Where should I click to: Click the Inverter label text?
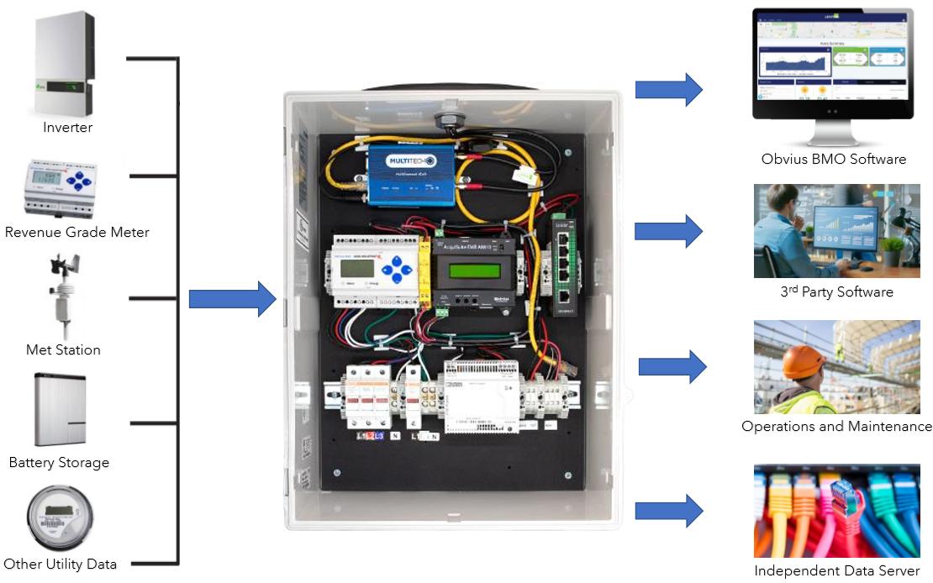[67, 128]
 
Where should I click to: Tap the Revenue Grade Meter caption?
[76, 232]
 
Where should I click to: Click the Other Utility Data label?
[60, 564]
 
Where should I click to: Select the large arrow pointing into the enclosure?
[232, 299]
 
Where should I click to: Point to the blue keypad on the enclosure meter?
[394, 271]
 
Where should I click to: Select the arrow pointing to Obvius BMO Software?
[668, 89]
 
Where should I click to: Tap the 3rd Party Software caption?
[835, 292]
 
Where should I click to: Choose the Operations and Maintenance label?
[836, 426]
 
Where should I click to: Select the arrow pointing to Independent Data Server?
[669, 510]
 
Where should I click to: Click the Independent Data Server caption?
[836, 571]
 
